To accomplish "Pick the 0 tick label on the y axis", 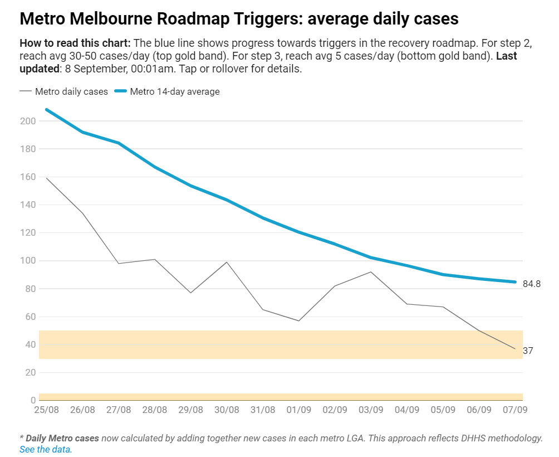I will (33, 400).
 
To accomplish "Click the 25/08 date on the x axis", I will (47, 410).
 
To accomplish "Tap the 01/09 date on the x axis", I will (299, 410).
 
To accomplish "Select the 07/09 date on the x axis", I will (515, 410).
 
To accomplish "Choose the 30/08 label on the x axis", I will (227, 410).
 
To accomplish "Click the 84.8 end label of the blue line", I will (532, 284).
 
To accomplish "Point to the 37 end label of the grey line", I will (528, 351).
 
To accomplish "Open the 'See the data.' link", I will (46, 449).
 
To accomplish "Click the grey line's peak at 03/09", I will (371, 272).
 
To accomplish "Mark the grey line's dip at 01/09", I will (299, 320).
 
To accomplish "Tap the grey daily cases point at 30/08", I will (227, 262).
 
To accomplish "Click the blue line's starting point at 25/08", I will (47, 110).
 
